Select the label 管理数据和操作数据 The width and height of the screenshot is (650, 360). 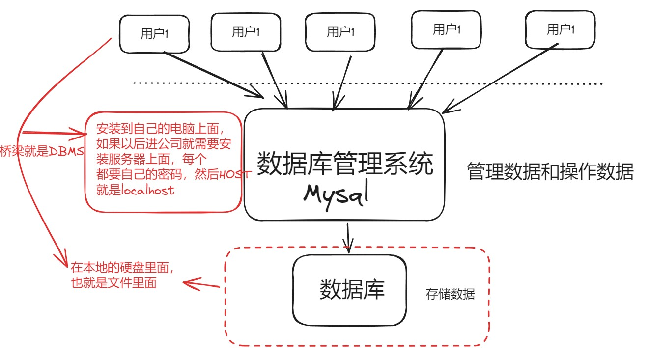pyautogui.click(x=550, y=172)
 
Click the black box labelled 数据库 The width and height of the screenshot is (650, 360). pyautogui.click(x=350, y=290)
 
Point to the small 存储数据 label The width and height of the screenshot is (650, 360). pyautogui.click(x=450, y=294)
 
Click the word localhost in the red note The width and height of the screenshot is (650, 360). pyautogui.click(x=148, y=190)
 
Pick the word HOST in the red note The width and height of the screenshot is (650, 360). pyautogui.click(x=235, y=174)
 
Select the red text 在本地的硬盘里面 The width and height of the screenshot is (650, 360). pyautogui.click(x=123, y=268)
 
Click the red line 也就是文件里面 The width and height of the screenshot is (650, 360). pyautogui.click(x=114, y=283)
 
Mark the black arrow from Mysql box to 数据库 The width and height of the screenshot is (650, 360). pyautogui.click(x=348, y=239)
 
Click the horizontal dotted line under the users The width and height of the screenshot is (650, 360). pyautogui.click(x=368, y=83)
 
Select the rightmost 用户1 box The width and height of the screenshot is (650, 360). pyautogui.click(x=560, y=30)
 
